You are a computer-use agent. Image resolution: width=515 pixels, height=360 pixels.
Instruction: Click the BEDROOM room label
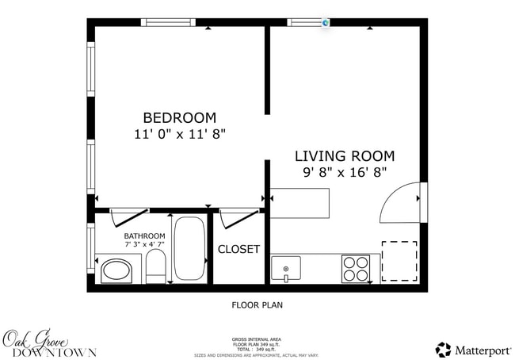[179, 117]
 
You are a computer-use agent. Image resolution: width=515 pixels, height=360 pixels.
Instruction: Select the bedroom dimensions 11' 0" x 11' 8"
[180, 135]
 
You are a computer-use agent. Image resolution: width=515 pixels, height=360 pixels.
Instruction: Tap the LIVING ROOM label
[345, 156]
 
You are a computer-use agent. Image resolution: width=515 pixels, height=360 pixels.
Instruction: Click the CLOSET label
[238, 249]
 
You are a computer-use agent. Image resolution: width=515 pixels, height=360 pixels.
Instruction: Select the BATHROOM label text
[144, 236]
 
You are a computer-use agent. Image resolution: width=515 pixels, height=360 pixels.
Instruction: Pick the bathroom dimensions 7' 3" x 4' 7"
[144, 246]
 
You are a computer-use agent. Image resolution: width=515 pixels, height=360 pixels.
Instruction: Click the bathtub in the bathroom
[189, 249]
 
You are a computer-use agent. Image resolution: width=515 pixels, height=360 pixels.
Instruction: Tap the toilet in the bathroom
[155, 268]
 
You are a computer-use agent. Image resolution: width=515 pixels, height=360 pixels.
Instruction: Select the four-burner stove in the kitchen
[356, 268]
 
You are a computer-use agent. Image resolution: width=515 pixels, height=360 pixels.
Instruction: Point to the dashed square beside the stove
[399, 261]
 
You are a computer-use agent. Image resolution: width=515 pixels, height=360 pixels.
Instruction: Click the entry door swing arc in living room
[399, 204]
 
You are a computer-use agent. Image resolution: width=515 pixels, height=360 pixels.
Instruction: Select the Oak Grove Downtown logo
[49, 343]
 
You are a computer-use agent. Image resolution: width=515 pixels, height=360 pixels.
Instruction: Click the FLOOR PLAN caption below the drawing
[257, 304]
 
